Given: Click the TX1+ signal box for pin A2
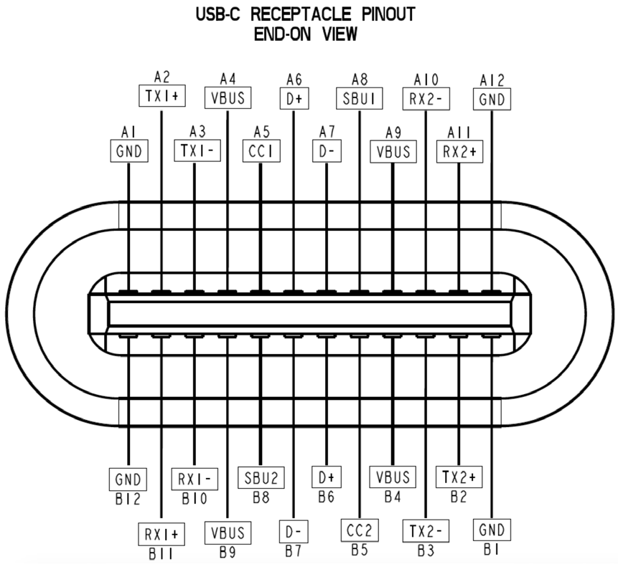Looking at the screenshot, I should [x=161, y=97].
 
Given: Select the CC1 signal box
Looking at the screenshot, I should [x=261, y=151].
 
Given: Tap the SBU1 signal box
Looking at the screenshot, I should [x=359, y=97].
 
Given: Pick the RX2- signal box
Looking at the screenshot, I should [x=426, y=97].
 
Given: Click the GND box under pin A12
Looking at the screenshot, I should [x=492, y=97].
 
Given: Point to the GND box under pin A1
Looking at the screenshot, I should [x=128, y=151].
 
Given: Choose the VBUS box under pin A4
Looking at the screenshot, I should [x=228, y=97].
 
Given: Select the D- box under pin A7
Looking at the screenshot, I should [x=327, y=151].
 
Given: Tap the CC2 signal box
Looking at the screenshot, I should [x=359, y=531].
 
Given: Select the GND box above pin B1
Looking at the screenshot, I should [x=492, y=531].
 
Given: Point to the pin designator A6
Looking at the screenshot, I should [x=294, y=77].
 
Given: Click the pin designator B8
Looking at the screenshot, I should [x=261, y=494].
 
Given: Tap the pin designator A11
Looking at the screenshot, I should [x=459, y=132].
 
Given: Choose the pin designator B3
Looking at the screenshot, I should [x=426, y=550].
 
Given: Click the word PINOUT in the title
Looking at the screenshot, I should [x=382, y=15].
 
